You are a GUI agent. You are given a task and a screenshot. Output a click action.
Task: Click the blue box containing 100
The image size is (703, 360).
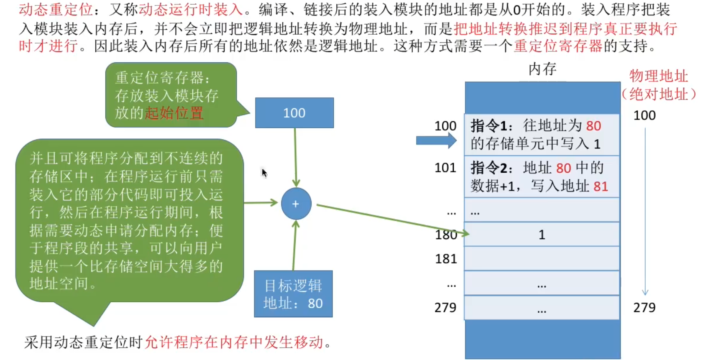pyautogui.click(x=294, y=113)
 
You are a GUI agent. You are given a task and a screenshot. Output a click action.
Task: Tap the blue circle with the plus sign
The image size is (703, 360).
pyautogui.click(x=296, y=204)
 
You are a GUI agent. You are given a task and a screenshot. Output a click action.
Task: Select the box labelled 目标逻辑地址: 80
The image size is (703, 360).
pyautogui.click(x=293, y=294)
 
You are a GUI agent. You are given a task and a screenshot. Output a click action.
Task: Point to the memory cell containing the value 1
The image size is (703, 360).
pyautogui.click(x=542, y=235)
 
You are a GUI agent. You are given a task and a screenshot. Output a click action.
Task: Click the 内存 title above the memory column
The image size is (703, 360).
pyautogui.click(x=542, y=69)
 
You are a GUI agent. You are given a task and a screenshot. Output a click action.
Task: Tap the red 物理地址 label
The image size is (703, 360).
pyautogui.click(x=659, y=76)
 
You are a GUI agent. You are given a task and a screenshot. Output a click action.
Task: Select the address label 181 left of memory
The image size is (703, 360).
pyautogui.click(x=446, y=259)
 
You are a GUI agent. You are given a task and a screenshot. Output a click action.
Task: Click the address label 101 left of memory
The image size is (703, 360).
pyautogui.click(x=445, y=168)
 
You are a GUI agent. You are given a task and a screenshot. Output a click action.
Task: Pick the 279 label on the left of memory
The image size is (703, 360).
pyautogui.click(x=445, y=308)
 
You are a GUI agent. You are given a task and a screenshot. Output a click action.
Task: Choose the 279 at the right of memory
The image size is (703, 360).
pyautogui.click(x=644, y=308)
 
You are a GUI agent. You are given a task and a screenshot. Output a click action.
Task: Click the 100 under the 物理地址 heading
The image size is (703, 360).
pyautogui.click(x=644, y=115)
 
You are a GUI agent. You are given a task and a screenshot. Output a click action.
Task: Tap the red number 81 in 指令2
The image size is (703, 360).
pyautogui.click(x=601, y=186)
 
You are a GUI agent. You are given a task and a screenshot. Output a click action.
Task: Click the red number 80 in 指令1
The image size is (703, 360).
pyautogui.click(x=593, y=126)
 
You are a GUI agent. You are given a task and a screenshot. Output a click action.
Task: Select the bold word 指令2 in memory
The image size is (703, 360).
pyautogui.click(x=489, y=168)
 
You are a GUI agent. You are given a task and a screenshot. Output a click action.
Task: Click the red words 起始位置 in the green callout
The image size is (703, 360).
pyautogui.click(x=174, y=113)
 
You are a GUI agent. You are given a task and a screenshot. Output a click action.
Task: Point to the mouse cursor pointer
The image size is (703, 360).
pyautogui.click(x=264, y=173)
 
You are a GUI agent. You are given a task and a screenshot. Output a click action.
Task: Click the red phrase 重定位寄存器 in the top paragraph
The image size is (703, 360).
pyautogui.click(x=558, y=46)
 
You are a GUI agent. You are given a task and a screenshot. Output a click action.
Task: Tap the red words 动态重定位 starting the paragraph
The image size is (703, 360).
pyautogui.click(x=56, y=10)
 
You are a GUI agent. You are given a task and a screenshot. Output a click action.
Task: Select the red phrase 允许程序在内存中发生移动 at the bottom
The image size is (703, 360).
pyautogui.click(x=234, y=342)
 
